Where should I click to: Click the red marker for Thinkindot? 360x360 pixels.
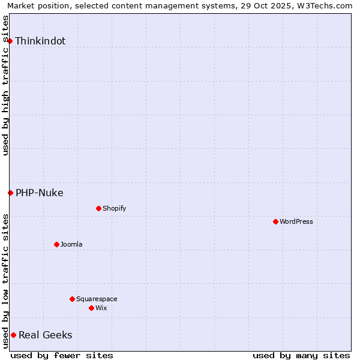click(10, 41)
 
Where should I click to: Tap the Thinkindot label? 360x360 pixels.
click(40, 41)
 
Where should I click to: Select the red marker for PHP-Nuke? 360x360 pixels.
click(10, 193)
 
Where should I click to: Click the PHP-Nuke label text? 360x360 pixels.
click(40, 193)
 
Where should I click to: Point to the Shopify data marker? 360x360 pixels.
click(98, 208)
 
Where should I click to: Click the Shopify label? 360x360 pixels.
click(114, 209)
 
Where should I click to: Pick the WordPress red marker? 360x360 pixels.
click(275, 221)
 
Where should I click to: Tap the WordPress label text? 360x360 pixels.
click(296, 222)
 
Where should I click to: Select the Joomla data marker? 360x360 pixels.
click(56, 244)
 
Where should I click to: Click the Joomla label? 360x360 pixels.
click(71, 245)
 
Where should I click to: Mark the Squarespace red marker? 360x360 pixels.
click(72, 299)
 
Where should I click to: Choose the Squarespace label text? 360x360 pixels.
click(97, 299)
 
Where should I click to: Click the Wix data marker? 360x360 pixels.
click(91, 308)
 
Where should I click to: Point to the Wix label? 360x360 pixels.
click(101, 308)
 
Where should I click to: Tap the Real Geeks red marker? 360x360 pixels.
click(13, 335)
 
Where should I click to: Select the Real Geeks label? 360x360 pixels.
click(46, 335)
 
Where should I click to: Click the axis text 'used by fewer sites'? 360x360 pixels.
click(62, 355)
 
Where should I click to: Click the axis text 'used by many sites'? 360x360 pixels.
click(301, 355)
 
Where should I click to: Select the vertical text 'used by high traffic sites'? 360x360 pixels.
click(6, 85)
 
